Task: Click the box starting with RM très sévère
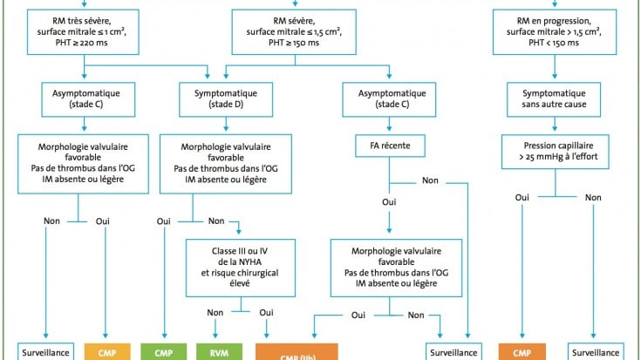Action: click(x=83, y=32)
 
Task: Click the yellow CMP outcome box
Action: click(x=107, y=352)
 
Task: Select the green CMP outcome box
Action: click(x=164, y=352)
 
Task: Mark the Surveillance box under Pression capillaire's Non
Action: click(x=596, y=352)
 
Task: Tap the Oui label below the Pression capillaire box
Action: click(x=523, y=197)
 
